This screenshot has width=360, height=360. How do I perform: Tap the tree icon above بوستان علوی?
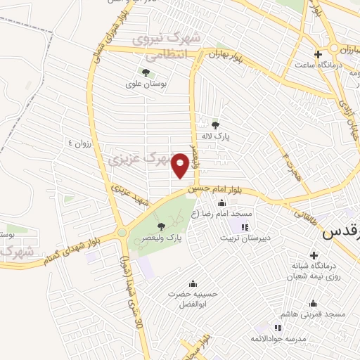pyautogui.click(x=146, y=72)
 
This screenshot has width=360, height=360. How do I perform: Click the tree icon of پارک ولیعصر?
pyautogui.click(x=162, y=226)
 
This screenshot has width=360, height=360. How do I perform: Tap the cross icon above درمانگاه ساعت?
pyautogui.click(x=318, y=54)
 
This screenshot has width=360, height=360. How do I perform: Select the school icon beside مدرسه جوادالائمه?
pyautogui.click(x=278, y=328)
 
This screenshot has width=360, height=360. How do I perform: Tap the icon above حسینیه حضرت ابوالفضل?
pyautogui.click(x=193, y=283)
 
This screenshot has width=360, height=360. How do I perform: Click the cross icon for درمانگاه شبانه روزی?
pyautogui.click(x=295, y=266)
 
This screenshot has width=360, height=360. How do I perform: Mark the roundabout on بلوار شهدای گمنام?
pyautogui.click(x=122, y=231)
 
